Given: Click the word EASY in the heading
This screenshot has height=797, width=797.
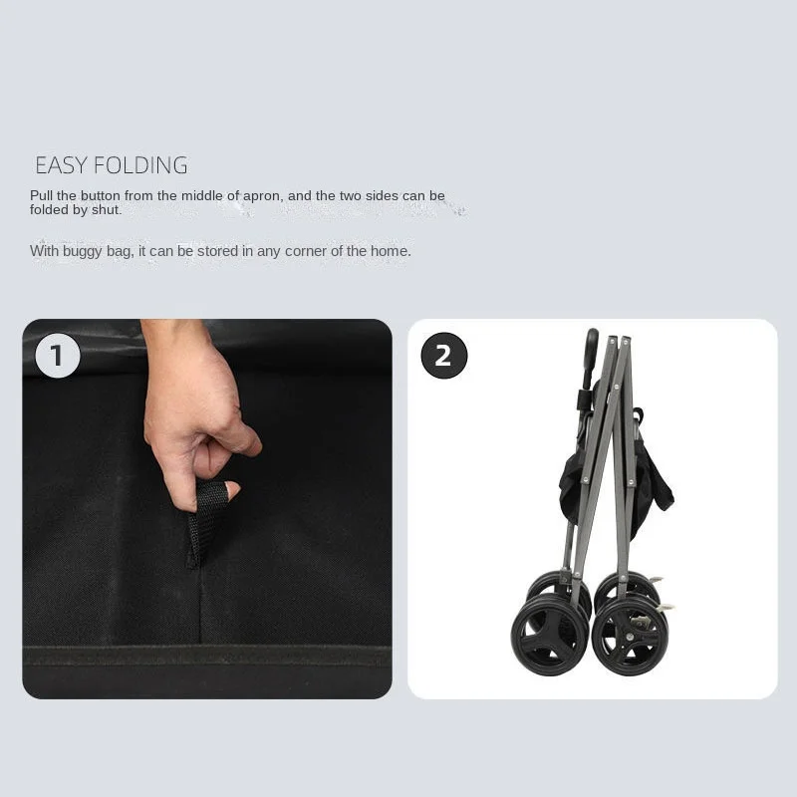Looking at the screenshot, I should click(60, 165).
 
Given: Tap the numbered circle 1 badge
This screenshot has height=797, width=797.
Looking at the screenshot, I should click(57, 356).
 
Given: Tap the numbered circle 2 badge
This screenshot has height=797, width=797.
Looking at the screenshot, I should click(443, 356).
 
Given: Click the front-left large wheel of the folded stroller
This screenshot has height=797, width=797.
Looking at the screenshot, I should click(549, 635).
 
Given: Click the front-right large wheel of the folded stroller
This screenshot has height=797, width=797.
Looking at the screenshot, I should click(630, 635).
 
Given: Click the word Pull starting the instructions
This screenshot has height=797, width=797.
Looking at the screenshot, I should click(42, 196).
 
